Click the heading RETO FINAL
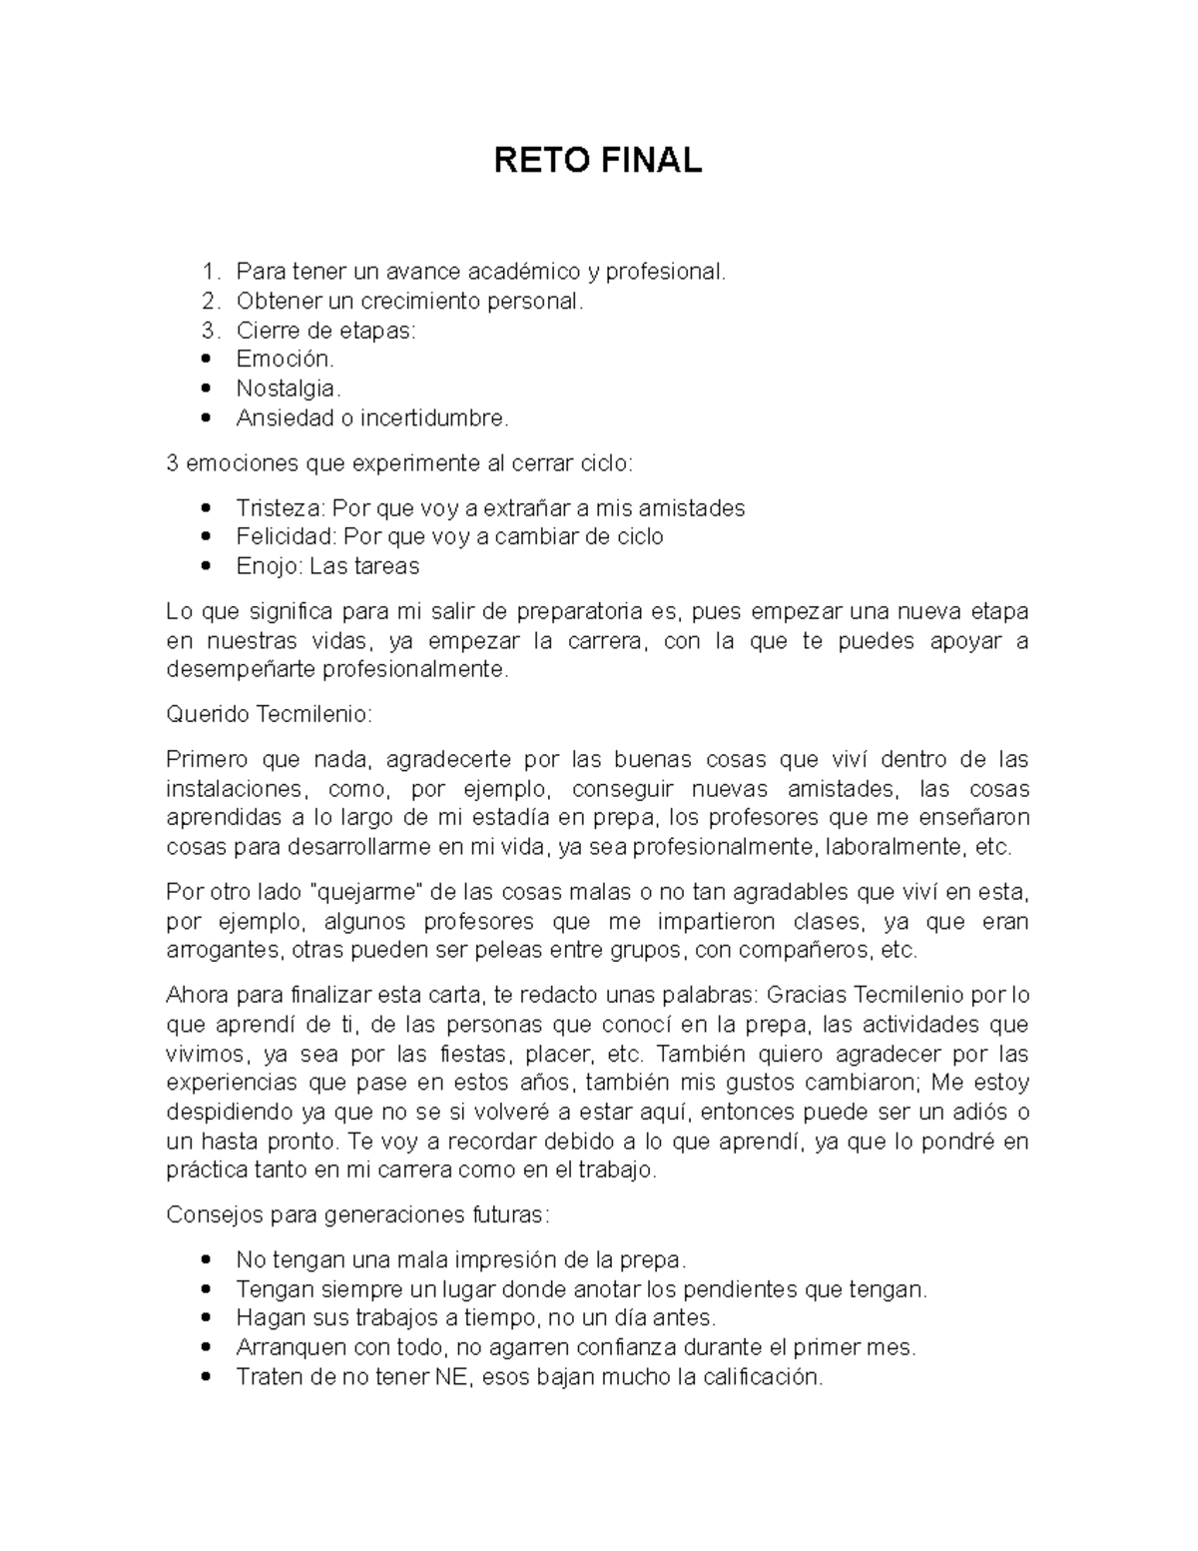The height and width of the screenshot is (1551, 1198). [598, 160]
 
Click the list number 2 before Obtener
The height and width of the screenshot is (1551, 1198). [208, 301]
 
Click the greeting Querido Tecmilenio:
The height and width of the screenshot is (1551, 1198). [270, 714]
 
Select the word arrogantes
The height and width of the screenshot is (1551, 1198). [223, 950]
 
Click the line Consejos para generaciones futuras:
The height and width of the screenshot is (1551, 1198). [357, 1215]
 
